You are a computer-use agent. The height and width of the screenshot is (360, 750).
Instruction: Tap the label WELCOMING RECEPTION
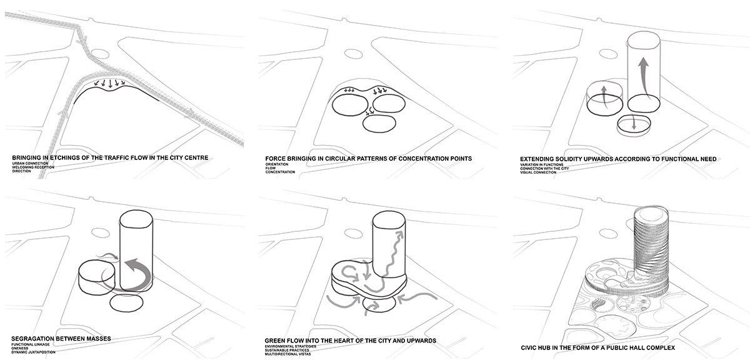(32, 167)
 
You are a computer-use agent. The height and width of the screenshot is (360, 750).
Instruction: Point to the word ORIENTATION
(277, 163)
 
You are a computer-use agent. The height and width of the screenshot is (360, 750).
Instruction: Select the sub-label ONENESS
(20, 346)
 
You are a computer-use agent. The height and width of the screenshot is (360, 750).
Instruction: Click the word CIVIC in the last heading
(529, 347)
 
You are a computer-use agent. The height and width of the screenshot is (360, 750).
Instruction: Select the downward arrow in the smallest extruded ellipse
(634, 124)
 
